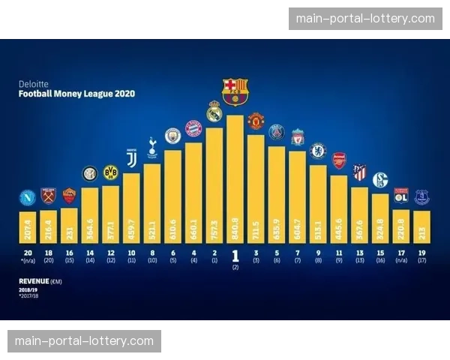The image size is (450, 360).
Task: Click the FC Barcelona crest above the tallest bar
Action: [235, 91]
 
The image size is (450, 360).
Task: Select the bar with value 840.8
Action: [235, 180]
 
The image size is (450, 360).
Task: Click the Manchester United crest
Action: [256, 121]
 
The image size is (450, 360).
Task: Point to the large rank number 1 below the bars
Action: [235, 256]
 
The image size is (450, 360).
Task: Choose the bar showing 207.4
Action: [28, 225]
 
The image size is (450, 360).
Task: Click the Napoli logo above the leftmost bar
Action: [28, 199]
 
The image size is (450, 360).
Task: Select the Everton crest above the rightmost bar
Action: [421, 197]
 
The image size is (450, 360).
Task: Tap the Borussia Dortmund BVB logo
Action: [110, 172]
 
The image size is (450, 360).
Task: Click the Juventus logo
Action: [131, 159]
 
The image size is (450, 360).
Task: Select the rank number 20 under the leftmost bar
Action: [28, 253]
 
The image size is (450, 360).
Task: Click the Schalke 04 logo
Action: [380, 180]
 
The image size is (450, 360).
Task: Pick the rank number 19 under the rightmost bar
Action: [421, 253]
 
